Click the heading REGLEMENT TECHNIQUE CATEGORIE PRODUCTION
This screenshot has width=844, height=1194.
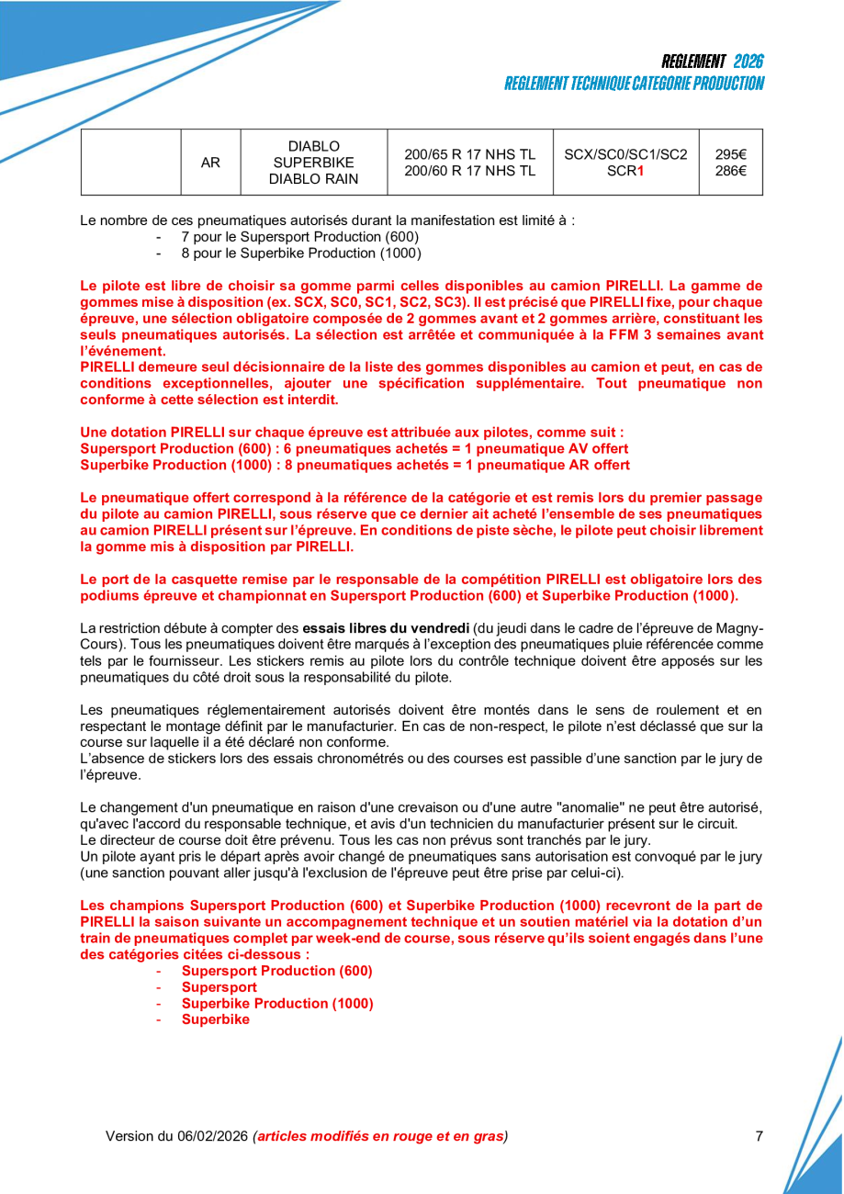634,84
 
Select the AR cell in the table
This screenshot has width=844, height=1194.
210,163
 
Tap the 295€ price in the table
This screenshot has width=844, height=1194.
730,154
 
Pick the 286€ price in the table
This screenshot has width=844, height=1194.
730,170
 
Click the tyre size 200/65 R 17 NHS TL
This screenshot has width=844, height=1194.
469,154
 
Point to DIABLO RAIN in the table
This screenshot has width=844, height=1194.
313,179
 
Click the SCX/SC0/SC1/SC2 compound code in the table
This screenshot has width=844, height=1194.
625,154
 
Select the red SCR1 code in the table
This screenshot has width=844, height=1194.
625,171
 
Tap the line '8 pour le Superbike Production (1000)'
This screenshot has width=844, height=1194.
301,253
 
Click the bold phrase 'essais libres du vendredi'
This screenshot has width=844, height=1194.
386,628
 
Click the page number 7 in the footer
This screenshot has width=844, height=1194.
759,1136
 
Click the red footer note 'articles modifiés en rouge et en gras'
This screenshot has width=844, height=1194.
381,1136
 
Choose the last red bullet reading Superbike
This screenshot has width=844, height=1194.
215,1019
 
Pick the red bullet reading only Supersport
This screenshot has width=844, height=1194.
219,987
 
